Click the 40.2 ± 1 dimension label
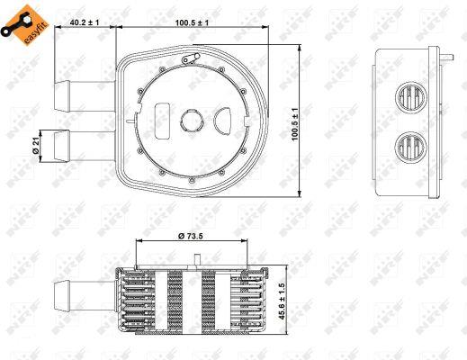point(85,22)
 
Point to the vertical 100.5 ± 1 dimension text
point(295,124)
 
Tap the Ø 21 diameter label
point(36,147)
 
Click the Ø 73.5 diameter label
point(191,236)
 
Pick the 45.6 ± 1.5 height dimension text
point(283,301)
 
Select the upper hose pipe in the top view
point(85,95)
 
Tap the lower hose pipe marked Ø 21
point(85,146)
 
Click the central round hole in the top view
point(192,120)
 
